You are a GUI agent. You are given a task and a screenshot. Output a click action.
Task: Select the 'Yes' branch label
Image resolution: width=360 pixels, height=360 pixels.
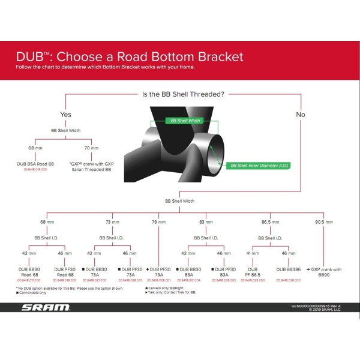[x=65, y=114]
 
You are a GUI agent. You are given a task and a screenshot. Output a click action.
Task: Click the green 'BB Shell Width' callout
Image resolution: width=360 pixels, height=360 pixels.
[x=186, y=121]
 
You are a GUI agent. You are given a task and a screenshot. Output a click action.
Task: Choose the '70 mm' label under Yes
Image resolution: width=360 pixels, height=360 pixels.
[x=91, y=147]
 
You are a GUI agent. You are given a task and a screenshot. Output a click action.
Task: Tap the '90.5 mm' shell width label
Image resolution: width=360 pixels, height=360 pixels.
[x=323, y=222]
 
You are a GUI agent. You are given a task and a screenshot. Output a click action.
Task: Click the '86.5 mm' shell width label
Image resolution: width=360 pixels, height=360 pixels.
[x=270, y=222]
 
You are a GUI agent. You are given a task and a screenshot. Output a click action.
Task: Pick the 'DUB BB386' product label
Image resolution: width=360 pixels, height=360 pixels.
[x=289, y=269]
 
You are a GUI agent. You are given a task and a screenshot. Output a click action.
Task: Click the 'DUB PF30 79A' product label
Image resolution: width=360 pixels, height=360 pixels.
[x=159, y=272]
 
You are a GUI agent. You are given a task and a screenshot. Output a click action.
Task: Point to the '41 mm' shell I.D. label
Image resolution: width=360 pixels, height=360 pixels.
[x=252, y=253]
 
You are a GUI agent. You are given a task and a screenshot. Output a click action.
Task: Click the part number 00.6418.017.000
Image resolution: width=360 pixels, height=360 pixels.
[x=29, y=280]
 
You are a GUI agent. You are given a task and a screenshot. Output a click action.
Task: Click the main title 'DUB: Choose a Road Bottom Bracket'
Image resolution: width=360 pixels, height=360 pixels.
[x=130, y=57]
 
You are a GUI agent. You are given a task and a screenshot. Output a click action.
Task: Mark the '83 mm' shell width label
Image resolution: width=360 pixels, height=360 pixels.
[x=206, y=222]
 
